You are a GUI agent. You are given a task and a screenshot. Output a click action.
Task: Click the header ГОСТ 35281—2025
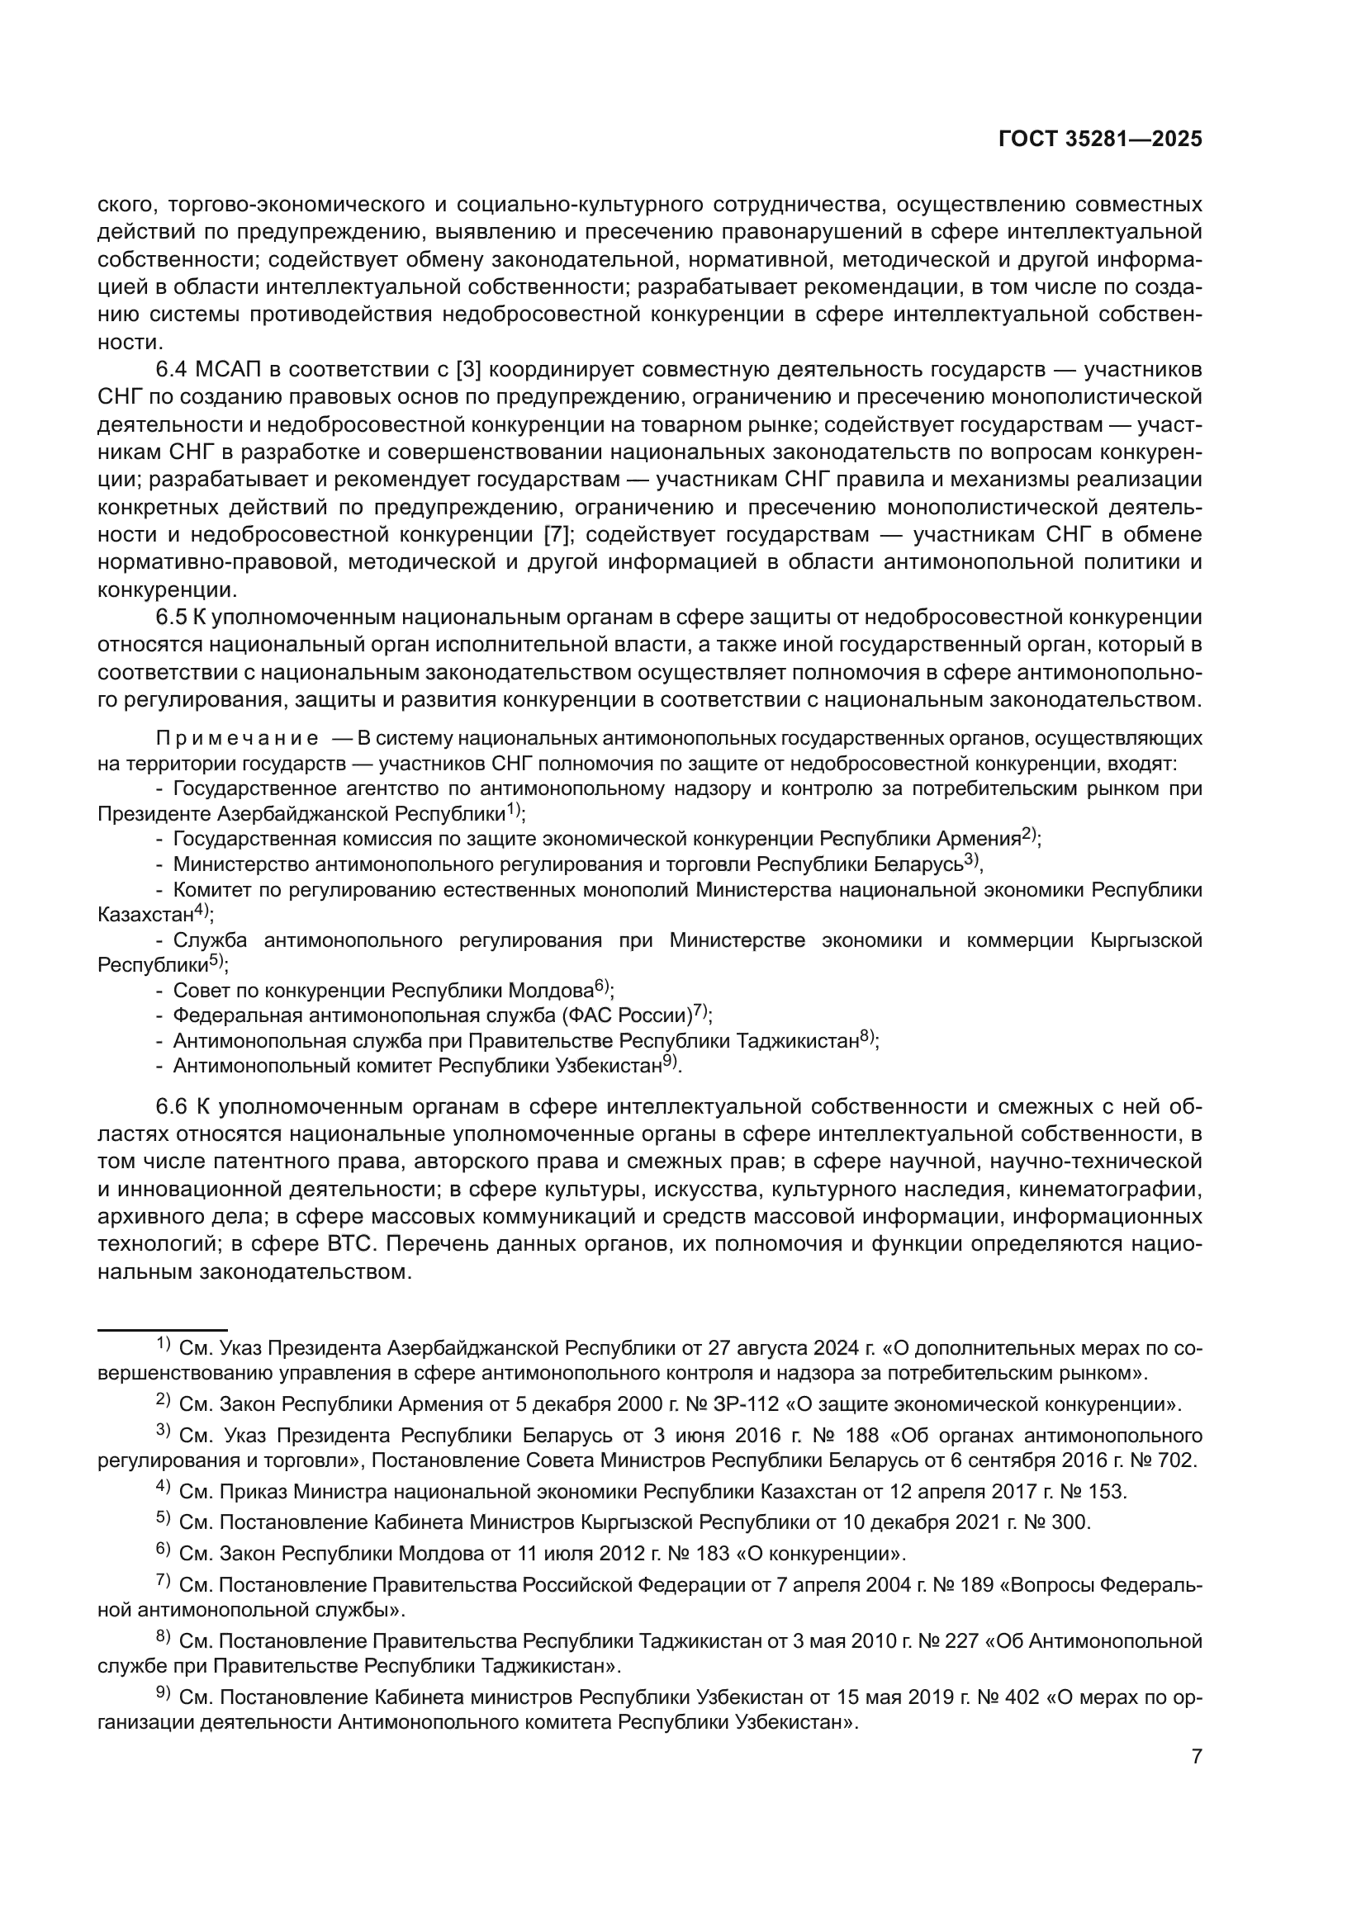coord(1100,140)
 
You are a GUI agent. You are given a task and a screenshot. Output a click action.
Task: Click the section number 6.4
coord(172,369)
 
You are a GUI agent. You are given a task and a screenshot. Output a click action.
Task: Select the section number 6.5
coord(172,618)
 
